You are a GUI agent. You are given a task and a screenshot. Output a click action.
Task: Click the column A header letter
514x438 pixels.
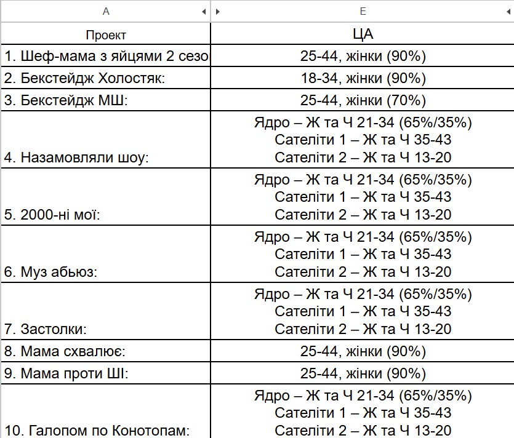coord(106,11)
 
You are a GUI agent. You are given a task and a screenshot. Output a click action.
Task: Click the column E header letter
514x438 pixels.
coord(363,11)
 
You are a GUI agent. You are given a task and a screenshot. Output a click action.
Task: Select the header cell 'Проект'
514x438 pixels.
coord(106,35)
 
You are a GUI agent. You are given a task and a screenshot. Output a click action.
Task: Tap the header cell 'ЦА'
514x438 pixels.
coord(363,34)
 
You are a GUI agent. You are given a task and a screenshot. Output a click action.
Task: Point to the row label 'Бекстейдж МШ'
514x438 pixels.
coord(66,100)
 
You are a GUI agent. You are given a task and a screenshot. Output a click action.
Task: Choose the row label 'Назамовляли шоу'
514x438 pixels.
coord(77,158)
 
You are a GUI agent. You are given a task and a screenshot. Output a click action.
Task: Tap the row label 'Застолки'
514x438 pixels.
coord(54,329)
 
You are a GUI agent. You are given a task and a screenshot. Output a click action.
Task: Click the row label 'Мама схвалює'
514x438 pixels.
coord(66,352)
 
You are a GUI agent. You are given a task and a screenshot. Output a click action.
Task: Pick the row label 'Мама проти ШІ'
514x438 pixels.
coord(66,373)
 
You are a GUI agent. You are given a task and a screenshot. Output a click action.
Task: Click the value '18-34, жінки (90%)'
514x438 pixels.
coord(363,79)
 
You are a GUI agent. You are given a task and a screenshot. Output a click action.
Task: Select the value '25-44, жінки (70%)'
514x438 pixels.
coord(363,100)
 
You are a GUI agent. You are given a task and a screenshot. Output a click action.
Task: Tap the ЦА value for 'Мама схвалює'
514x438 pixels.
coord(363,352)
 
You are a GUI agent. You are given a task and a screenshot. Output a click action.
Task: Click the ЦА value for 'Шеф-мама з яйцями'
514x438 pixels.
coord(363,57)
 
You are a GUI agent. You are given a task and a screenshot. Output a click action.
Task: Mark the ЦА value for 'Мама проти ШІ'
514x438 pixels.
coord(363,373)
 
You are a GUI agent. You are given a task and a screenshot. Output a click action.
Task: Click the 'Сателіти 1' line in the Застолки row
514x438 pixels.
coord(363,311)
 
